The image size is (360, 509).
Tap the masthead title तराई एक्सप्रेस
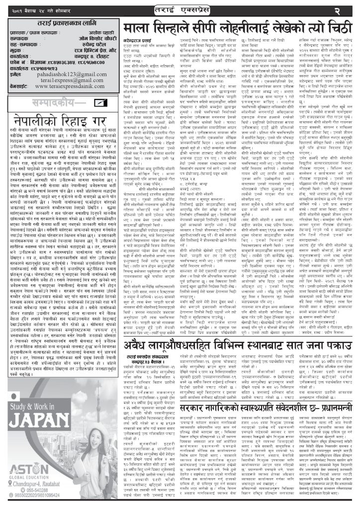click(180, 9)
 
